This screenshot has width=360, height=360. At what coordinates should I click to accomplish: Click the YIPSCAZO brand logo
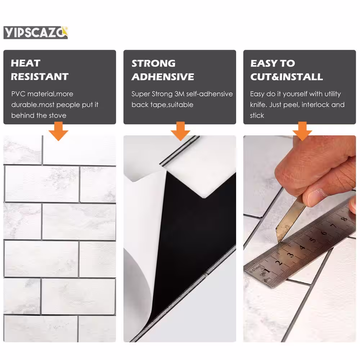click(36, 32)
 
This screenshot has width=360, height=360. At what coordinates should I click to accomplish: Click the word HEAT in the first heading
click(26, 63)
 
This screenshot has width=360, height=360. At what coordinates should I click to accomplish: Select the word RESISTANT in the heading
click(40, 77)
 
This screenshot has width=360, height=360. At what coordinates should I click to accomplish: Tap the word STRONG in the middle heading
click(153, 63)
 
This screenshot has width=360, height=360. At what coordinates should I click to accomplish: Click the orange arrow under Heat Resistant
click(58, 131)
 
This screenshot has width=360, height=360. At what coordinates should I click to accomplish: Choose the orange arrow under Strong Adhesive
click(180, 131)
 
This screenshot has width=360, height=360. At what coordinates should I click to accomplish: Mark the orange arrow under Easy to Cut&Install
click(302, 131)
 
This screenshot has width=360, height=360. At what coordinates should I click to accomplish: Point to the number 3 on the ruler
click(291, 255)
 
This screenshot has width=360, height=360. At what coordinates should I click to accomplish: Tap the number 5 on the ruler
click(313, 240)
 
